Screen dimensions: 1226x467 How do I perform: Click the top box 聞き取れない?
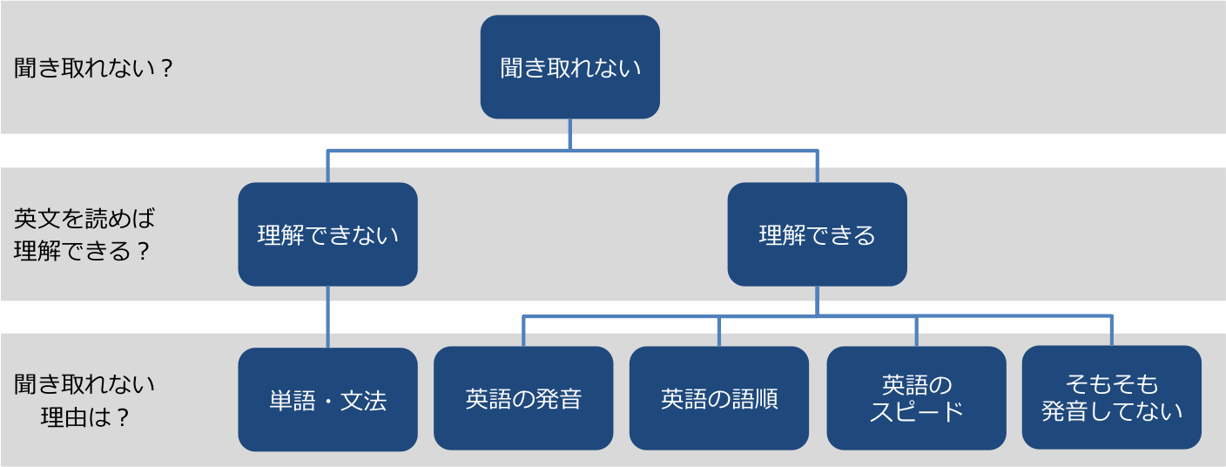click(569, 67)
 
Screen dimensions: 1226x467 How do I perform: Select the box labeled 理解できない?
click(328, 234)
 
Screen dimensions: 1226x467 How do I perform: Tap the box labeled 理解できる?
click(817, 234)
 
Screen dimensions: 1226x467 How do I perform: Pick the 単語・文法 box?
click(328, 400)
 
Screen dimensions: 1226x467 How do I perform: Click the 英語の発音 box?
click(523, 398)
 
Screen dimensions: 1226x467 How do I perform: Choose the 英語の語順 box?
click(719, 398)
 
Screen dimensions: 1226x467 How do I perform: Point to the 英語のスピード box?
click(916, 398)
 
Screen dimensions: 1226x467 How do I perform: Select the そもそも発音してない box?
click(1112, 397)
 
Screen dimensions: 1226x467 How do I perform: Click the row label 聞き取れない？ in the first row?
click(93, 68)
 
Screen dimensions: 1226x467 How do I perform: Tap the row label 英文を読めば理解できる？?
click(84, 234)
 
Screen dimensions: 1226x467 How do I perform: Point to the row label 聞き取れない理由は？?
click(84, 401)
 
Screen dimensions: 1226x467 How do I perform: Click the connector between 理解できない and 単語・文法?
click(328, 317)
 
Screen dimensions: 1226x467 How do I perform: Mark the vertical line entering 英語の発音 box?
click(523, 331)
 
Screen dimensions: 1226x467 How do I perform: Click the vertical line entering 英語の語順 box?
click(719, 331)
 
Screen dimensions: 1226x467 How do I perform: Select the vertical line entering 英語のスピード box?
click(917, 331)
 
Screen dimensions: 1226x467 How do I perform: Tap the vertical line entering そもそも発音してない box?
click(1112, 330)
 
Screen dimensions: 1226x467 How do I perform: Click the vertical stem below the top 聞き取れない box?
click(570, 134)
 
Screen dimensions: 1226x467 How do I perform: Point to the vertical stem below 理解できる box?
click(817, 301)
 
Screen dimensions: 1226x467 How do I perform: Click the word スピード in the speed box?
click(916, 412)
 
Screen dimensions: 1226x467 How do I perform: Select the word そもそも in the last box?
click(1112, 383)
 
